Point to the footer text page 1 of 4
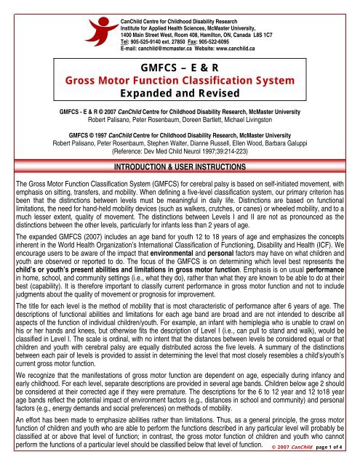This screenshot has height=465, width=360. point(337,458)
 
